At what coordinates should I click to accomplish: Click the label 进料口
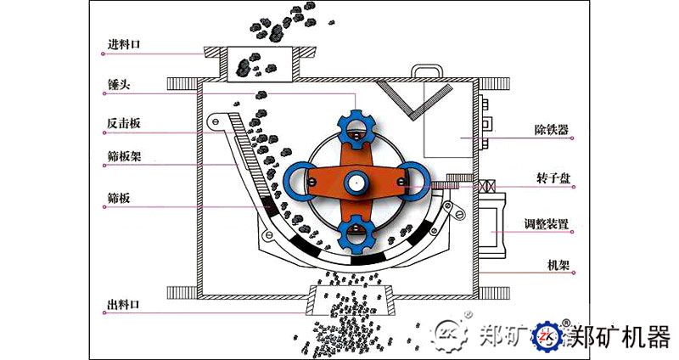(124, 44)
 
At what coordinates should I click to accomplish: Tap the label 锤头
(118, 84)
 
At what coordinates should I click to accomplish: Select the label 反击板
(124, 123)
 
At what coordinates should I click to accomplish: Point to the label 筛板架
(124, 156)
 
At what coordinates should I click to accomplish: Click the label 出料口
(123, 305)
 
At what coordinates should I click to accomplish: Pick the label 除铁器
(551, 130)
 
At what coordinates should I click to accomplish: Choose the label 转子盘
(553, 178)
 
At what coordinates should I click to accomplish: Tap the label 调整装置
(546, 224)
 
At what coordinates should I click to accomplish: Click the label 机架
(558, 265)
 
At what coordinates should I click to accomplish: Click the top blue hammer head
(356, 129)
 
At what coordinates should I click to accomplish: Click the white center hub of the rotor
(356, 183)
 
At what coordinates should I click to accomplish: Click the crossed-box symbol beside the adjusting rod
(486, 187)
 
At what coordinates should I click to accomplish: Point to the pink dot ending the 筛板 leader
(104, 207)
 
